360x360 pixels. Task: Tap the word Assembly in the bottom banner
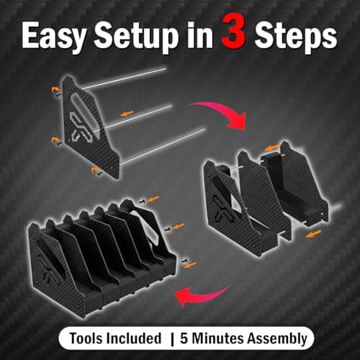(279, 338)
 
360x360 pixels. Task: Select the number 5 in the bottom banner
(192, 338)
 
